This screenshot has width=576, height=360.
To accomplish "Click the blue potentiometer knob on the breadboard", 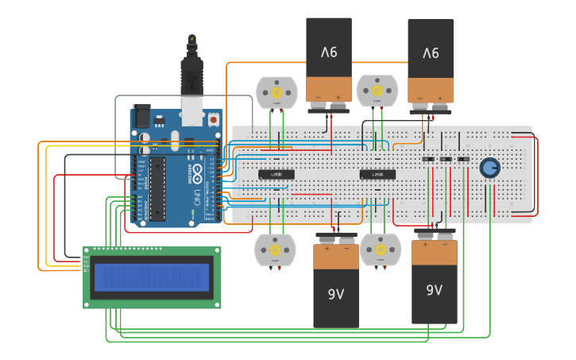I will (x=489, y=167).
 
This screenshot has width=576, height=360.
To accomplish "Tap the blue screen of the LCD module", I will (x=152, y=277).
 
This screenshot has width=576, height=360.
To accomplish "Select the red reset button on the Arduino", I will (x=214, y=120).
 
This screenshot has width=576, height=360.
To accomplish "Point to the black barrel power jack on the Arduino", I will (x=141, y=116).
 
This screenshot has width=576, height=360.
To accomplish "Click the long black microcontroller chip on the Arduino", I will (x=157, y=188).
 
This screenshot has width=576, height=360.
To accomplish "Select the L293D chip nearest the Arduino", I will (x=276, y=174).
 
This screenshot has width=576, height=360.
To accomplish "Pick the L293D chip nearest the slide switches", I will (x=377, y=174).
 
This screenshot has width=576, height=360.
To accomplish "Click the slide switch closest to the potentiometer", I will (x=463, y=160).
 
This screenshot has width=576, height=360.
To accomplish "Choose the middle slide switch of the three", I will (x=446, y=160).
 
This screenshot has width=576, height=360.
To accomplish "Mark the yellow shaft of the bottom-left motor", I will (x=274, y=249).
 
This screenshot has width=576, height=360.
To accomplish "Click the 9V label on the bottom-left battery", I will (x=336, y=294).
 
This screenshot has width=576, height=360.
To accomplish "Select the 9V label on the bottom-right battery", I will (x=434, y=290).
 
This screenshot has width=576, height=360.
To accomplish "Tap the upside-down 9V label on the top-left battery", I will (x=329, y=52).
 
